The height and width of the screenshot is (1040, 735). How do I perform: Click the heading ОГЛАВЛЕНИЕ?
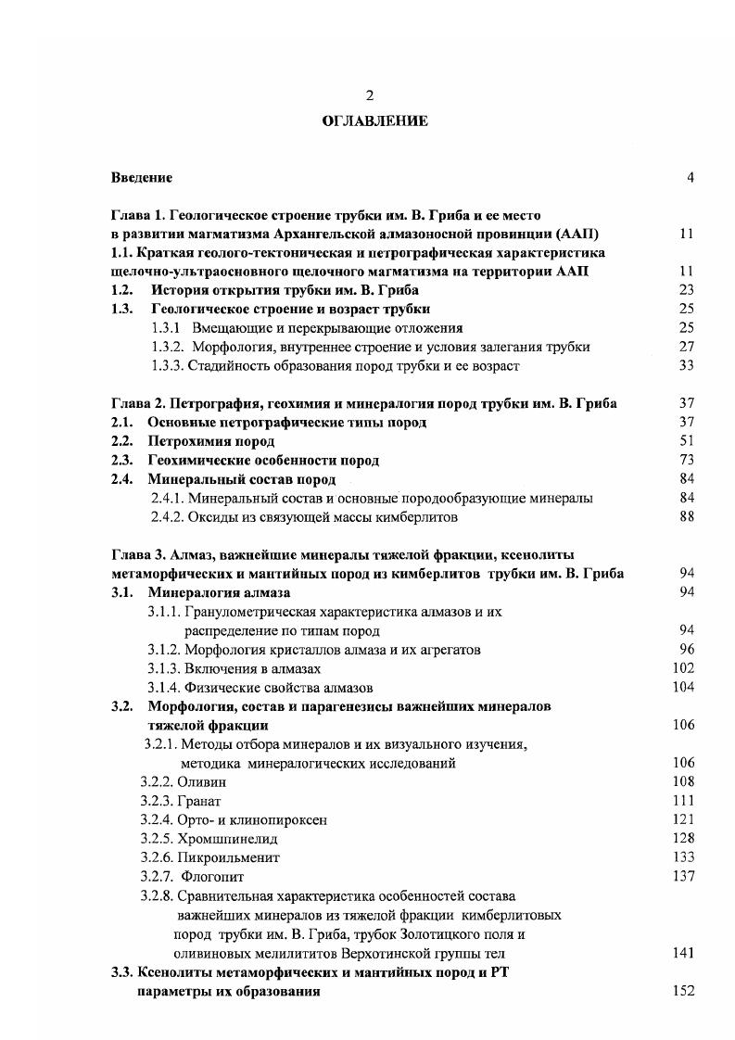pyautogui.click(x=374, y=121)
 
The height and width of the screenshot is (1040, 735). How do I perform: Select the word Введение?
pyautogui.click(x=142, y=177)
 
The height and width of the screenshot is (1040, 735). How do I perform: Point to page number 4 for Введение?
pyautogui.click(x=691, y=177)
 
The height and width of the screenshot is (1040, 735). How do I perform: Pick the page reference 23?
pyautogui.click(x=687, y=289)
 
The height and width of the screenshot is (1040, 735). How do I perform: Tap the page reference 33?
pyautogui.click(x=687, y=365)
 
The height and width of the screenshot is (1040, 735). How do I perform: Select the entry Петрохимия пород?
pyautogui.click(x=198, y=441)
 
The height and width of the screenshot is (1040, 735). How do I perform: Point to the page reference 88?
pyautogui.click(x=687, y=517)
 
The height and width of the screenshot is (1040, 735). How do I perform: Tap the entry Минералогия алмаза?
pyautogui.click(x=221, y=592)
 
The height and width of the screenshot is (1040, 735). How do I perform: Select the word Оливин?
pyautogui.click(x=202, y=781)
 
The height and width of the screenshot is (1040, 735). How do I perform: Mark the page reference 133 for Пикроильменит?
pyautogui.click(x=684, y=857)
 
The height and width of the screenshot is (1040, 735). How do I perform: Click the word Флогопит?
pyautogui.click(x=213, y=876)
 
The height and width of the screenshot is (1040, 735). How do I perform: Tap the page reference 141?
pyautogui.click(x=684, y=953)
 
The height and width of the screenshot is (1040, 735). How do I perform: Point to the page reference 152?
pyautogui.click(x=684, y=991)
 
